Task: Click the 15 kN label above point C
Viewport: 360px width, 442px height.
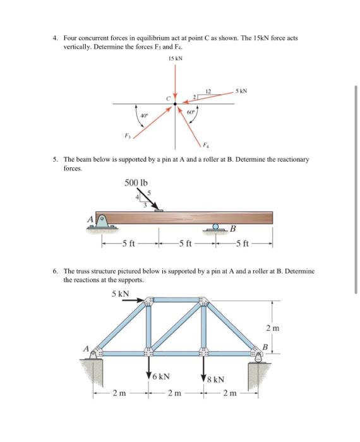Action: point(176,59)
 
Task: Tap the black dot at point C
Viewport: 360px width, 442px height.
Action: point(176,104)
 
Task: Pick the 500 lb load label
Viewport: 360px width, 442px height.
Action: point(136,183)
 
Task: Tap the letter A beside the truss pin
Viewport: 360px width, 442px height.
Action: point(84,346)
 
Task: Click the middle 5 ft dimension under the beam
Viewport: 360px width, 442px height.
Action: point(184,246)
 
